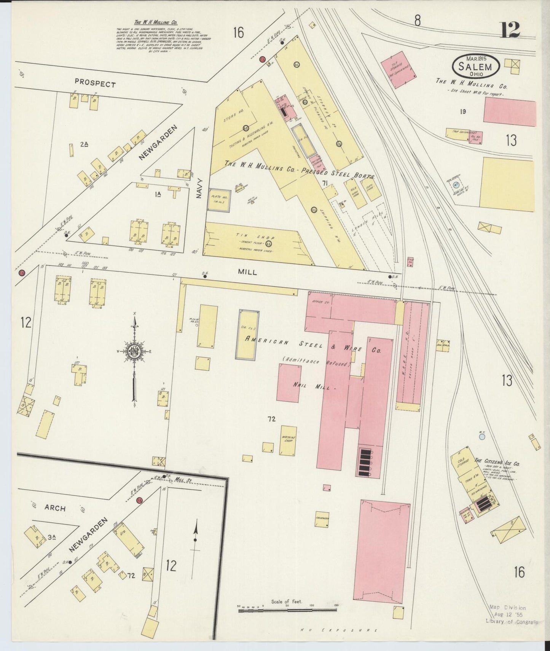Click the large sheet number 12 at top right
pyautogui.click(x=510, y=30)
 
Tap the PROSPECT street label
pyautogui.click(x=95, y=84)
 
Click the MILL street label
pyautogui.click(x=247, y=272)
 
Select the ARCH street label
pyautogui.click(x=55, y=508)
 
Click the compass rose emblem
pyautogui.click(x=134, y=351)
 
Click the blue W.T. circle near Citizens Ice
pyautogui.click(x=482, y=437)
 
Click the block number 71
pyautogui.click(x=325, y=183)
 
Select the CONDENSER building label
pyautogui.click(x=322, y=519)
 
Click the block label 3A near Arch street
pyautogui.click(x=52, y=537)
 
